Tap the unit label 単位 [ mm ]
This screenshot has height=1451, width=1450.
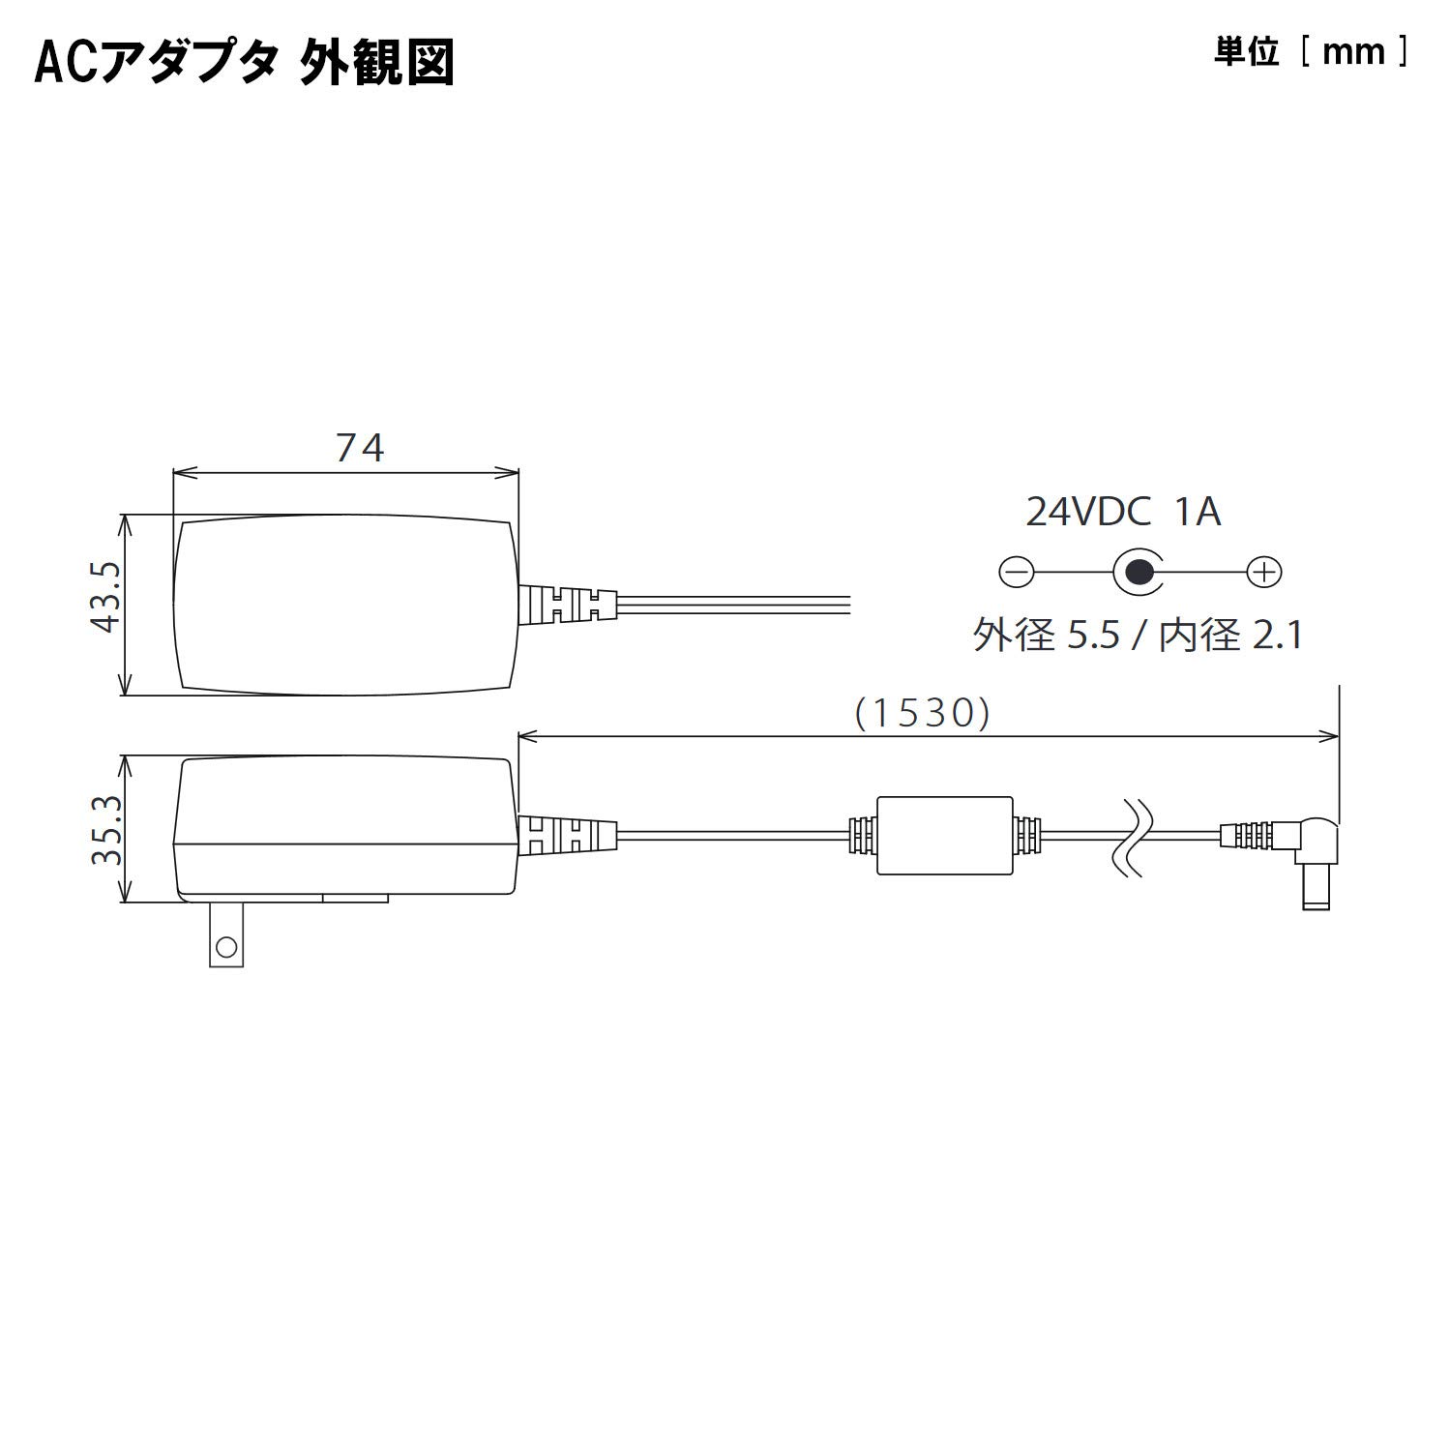click(x=1311, y=52)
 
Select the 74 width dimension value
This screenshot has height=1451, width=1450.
click(x=360, y=448)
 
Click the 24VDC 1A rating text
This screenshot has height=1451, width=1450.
click(x=1122, y=512)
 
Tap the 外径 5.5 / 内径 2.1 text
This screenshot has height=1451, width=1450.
click(x=1138, y=636)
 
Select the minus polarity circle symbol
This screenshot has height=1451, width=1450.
click(x=1016, y=573)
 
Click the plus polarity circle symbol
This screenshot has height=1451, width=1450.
click(x=1263, y=573)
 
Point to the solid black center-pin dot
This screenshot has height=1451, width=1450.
click(x=1140, y=573)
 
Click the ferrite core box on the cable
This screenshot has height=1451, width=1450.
click(x=944, y=835)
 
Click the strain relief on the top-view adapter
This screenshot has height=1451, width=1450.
click(x=568, y=605)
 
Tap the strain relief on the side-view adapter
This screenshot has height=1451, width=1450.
click(x=568, y=836)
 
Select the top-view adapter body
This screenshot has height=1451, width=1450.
click(x=344, y=605)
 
